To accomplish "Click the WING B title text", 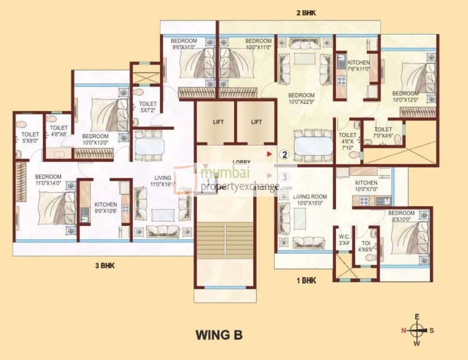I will (219, 335).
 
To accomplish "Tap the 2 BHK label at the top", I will (306, 13).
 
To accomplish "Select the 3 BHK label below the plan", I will (105, 266).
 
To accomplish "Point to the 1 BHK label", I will (306, 280).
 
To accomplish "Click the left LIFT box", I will (218, 122).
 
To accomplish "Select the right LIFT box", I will (257, 122).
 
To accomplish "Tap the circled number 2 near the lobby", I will (284, 153).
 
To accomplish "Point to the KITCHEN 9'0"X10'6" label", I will (106, 207).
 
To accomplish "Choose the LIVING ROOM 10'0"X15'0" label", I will (307, 200).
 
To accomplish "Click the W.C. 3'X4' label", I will (344, 240).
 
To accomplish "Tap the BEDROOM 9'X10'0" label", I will (402, 216).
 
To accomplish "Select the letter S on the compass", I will (431, 331).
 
